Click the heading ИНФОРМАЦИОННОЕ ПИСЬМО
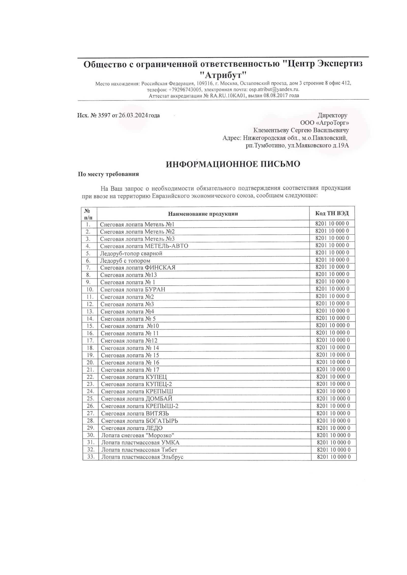pos(233,164)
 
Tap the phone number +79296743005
pos(185,90)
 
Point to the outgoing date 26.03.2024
pos(133,116)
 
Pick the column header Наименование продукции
pos(203,214)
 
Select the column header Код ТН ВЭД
pos(332,213)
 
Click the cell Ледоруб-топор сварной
pos(131,253)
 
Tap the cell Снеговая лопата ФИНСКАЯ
pos(138,268)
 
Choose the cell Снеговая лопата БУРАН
pos(133,290)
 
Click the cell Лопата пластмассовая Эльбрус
pos(142,457)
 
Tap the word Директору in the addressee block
pos(332,116)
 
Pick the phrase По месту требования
pos(108,174)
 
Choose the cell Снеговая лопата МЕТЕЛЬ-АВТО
pos(144,246)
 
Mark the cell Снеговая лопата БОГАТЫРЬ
pos(139,421)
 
